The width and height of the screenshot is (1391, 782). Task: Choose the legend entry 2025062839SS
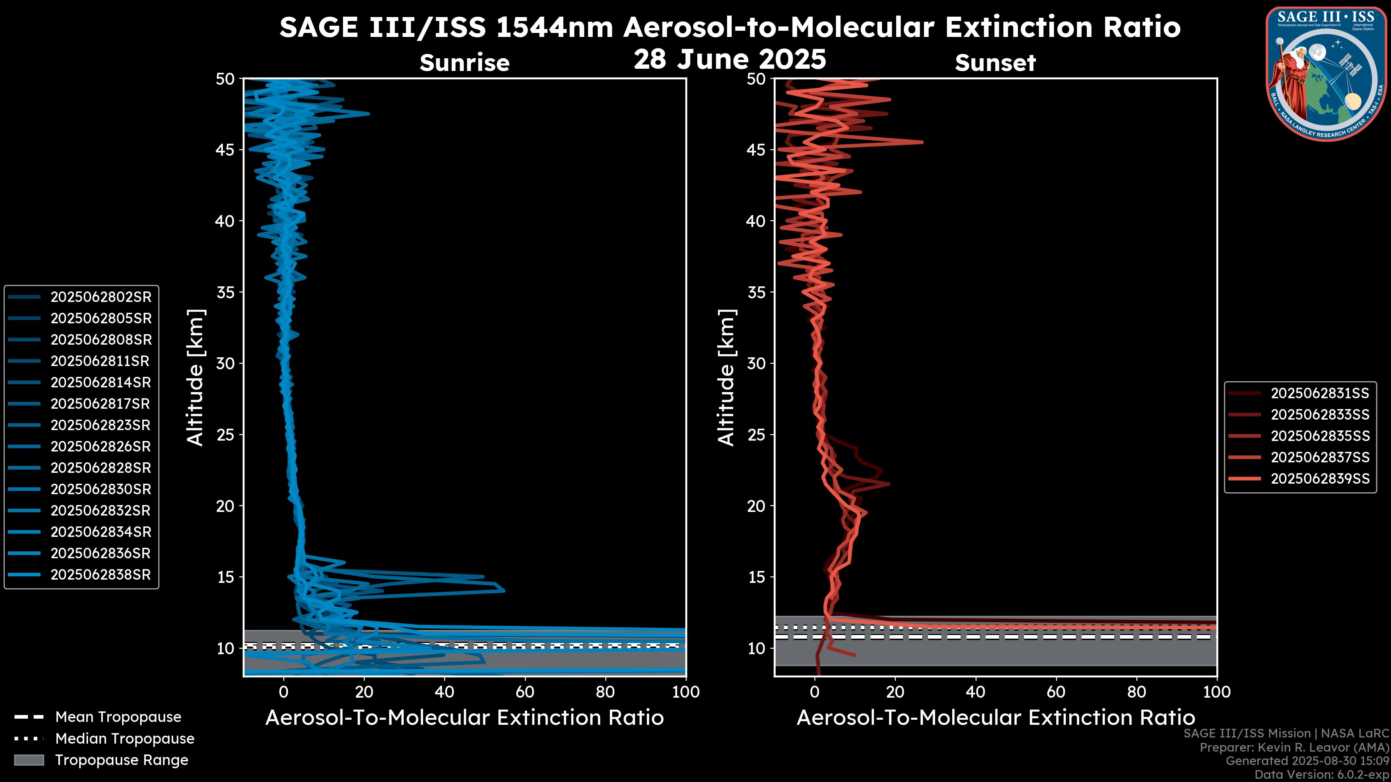click(x=1320, y=479)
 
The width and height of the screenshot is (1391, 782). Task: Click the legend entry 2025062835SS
click(x=1320, y=436)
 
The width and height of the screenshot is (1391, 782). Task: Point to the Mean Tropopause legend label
click(x=118, y=717)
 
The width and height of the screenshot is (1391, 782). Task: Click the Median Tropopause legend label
click(x=125, y=739)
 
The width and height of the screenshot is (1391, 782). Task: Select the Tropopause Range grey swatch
click(x=29, y=760)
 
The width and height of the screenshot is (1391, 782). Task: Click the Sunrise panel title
click(x=464, y=63)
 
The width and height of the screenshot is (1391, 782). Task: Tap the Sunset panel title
click(x=995, y=63)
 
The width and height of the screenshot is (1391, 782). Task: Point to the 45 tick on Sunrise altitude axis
click(x=226, y=150)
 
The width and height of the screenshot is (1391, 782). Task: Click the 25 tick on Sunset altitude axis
click(x=756, y=435)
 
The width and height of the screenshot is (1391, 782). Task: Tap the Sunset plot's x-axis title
click(x=995, y=718)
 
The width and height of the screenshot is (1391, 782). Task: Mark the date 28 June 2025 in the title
click(x=730, y=59)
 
